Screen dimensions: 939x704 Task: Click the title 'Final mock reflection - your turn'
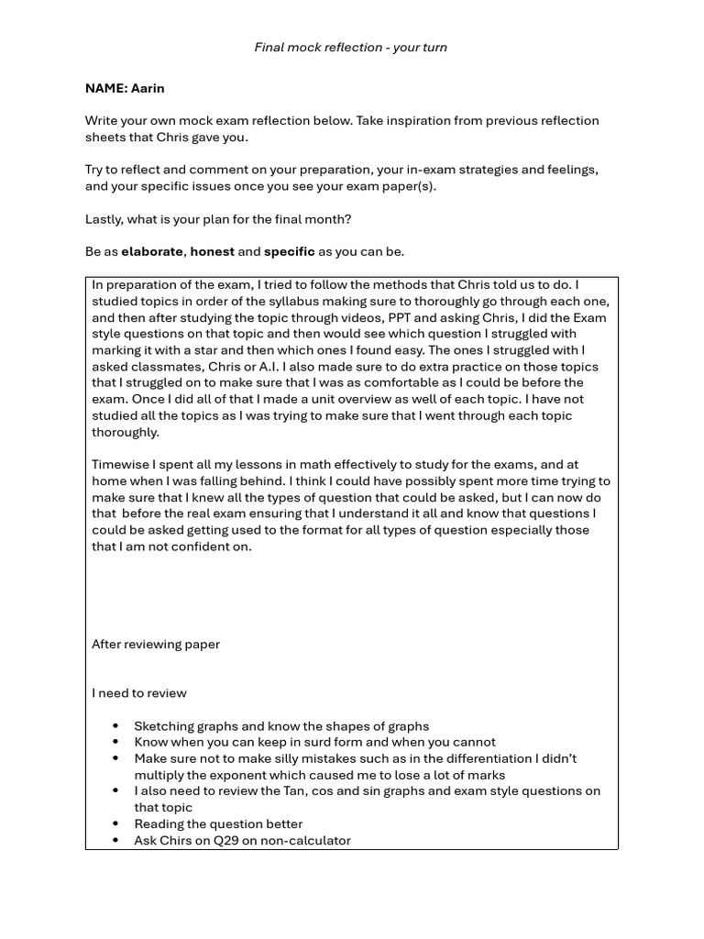pyautogui.click(x=351, y=48)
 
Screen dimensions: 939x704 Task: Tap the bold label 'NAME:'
pyautogui.click(x=106, y=89)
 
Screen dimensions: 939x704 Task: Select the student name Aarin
pyautogui.click(x=148, y=89)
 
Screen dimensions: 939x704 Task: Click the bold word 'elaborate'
pyautogui.click(x=152, y=251)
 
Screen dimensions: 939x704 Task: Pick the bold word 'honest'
pyautogui.click(x=212, y=251)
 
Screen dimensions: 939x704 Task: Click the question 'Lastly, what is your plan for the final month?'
pyautogui.click(x=218, y=219)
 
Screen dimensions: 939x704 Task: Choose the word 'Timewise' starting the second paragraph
pyautogui.click(x=120, y=465)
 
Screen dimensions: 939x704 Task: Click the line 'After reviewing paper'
pyautogui.click(x=156, y=645)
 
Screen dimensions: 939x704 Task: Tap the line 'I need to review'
pyautogui.click(x=139, y=693)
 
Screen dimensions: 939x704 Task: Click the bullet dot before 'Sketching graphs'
pyautogui.click(x=115, y=726)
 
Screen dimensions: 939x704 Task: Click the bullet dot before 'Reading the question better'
pyautogui.click(x=115, y=824)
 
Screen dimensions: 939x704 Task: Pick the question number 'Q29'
pyautogui.click(x=215, y=841)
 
